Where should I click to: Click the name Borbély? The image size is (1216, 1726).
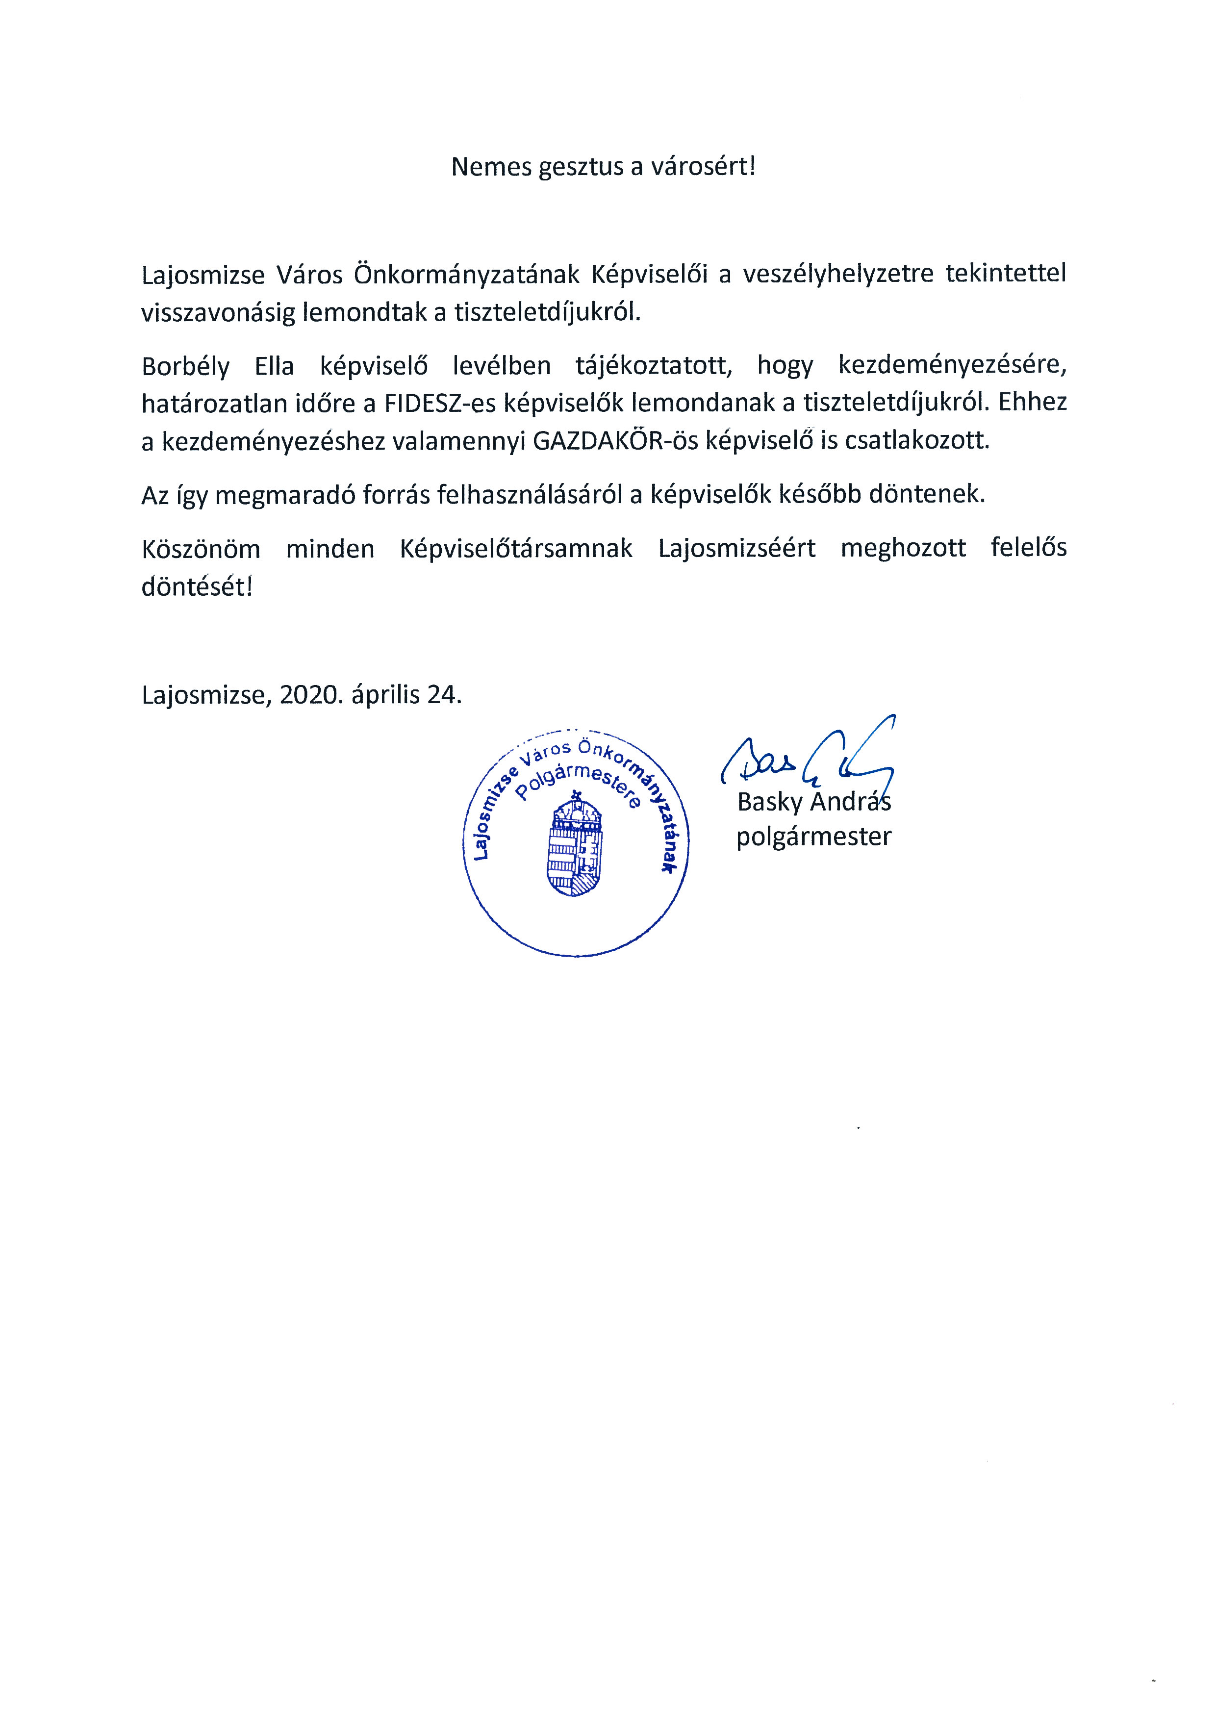point(185,366)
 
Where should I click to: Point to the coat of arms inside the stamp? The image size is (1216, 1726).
point(576,846)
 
